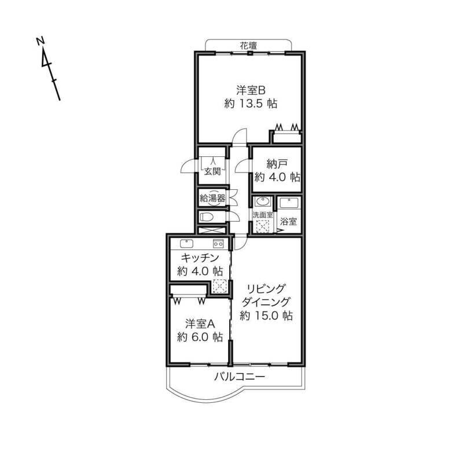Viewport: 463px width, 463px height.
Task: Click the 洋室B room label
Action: (251, 90)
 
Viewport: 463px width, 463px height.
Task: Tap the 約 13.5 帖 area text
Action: (251, 104)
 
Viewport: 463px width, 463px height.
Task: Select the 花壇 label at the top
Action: (248, 46)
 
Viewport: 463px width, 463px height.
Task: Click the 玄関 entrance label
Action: (212, 171)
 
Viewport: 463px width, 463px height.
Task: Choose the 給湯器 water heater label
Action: (212, 198)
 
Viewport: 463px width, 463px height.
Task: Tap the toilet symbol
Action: (207, 217)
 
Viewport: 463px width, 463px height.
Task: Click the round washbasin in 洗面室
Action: (262, 201)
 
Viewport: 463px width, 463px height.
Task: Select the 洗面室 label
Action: (263, 215)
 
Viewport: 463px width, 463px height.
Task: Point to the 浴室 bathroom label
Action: (288, 221)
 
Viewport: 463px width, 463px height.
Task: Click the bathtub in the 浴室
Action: (289, 204)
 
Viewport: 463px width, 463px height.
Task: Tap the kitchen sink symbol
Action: (186, 244)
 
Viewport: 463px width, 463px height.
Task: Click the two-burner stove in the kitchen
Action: (219, 244)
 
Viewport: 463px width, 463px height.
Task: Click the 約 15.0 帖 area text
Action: (266, 315)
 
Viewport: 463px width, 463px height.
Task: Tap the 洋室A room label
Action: (200, 324)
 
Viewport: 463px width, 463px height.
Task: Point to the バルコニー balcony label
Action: (240, 377)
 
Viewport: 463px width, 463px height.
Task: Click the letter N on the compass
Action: (40, 41)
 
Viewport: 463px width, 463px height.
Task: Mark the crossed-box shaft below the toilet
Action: (212, 230)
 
